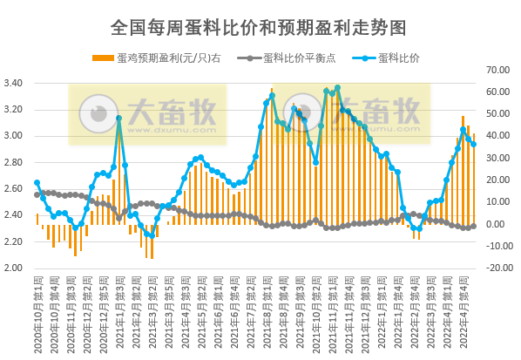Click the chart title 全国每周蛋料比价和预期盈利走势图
coord(259,28)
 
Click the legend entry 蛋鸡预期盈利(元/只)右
coord(162,58)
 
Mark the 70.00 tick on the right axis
coord(498,70)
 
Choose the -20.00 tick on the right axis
coord(498,268)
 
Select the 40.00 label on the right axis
coord(498,136)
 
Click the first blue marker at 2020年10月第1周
coord(37,183)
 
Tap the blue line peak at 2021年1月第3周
coord(119,119)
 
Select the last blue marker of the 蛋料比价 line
coord(473,145)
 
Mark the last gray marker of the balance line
coord(473,226)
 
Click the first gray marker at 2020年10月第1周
coord(37,194)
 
